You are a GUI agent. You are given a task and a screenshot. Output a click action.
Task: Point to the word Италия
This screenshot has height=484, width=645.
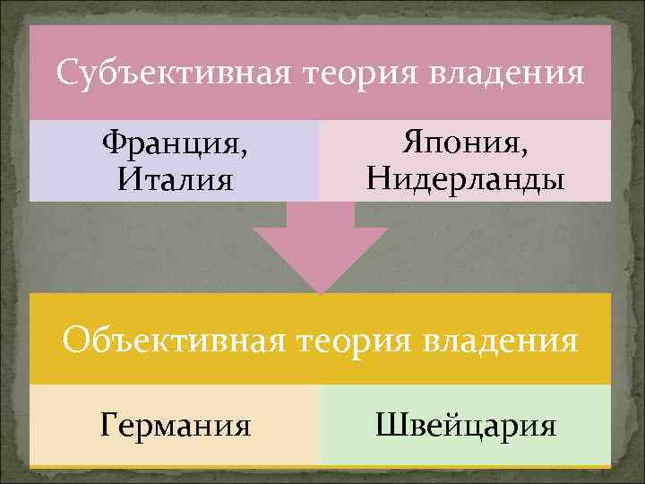(x=175, y=179)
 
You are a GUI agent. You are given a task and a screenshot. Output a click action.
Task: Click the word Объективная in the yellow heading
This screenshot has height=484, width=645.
(x=176, y=341)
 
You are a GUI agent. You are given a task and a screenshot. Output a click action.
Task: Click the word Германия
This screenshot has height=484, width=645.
(x=176, y=423)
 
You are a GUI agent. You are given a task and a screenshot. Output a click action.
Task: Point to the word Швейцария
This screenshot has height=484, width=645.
(x=466, y=423)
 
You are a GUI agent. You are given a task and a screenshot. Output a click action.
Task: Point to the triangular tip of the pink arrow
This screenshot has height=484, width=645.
(x=321, y=289)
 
